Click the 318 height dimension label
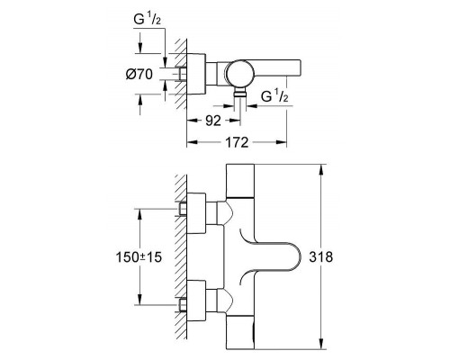click(321, 257)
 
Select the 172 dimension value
click(237, 142)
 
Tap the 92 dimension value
click(213, 121)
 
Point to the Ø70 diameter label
click(139, 74)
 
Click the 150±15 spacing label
click(139, 257)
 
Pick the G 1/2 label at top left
click(148, 20)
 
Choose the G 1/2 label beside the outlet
click(274, 96)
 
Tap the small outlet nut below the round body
click(240, 94)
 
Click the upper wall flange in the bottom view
click(196, 213)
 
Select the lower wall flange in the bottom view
click(196, 301)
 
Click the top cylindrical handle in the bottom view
click(240, 181)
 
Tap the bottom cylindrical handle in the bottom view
click(240, 332)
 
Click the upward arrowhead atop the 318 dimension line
click(321, 170)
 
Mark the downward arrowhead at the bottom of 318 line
click(321, 344)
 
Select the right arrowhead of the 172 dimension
click(281, 142)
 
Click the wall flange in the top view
click(196, 74)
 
